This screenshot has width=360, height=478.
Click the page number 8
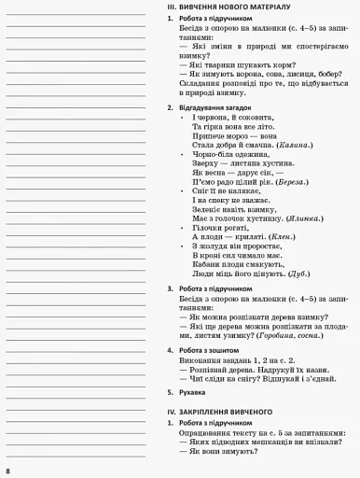pyautogui.click(x=7, y=467)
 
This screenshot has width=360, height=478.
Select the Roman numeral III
pyautogui.click(x=170, y=7)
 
